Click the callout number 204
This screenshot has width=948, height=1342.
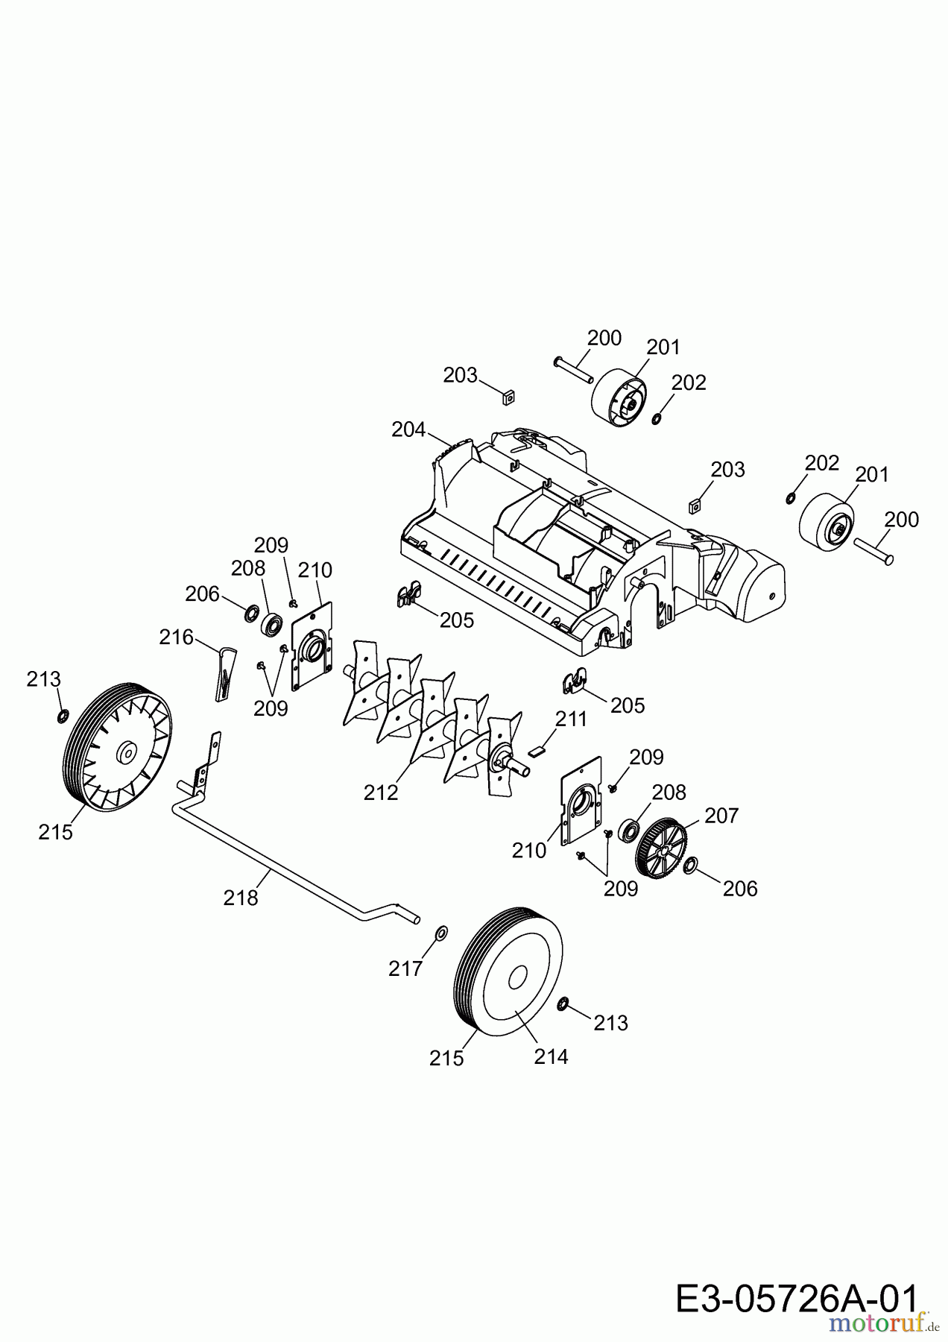[x=408, y=430]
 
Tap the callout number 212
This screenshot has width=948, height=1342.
[x=381, y=793]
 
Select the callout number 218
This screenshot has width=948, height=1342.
[x=241, y=898]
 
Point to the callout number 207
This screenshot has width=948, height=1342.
[x=721, y=816]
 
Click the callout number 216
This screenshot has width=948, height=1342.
[x=176, y=637]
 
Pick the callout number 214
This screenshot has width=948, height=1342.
[x=551, y=1056]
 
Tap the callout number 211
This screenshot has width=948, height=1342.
[x=571, y=719]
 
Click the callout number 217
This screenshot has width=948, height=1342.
[x=405, y=968]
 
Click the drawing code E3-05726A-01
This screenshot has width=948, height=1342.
[x=796, y=1300]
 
